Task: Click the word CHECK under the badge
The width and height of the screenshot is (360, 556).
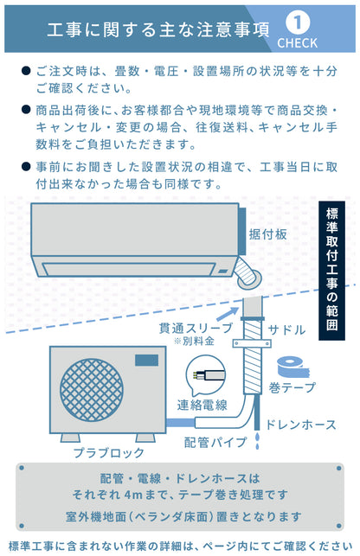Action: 298,42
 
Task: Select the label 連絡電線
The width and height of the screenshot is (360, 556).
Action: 202,405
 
